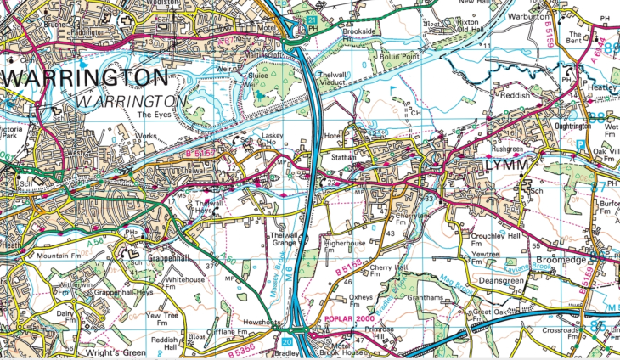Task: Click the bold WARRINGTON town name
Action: click(85, 79)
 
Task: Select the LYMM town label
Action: click(485, 164)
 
